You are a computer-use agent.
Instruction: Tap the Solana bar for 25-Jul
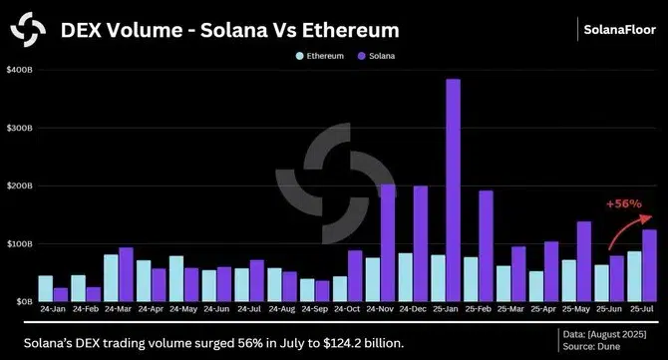[649, 264]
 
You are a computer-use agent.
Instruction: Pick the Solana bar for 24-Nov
[388, 242]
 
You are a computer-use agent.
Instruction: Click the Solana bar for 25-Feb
[486, 245]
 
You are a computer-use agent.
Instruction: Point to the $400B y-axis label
[20, 70]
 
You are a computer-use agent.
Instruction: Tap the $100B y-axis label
[20, 243]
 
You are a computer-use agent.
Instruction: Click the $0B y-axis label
[22, 300]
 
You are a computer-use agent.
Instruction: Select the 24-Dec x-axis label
[412, 309]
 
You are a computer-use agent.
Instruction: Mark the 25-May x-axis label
[575, 309]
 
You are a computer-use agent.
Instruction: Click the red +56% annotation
[623, 204]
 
